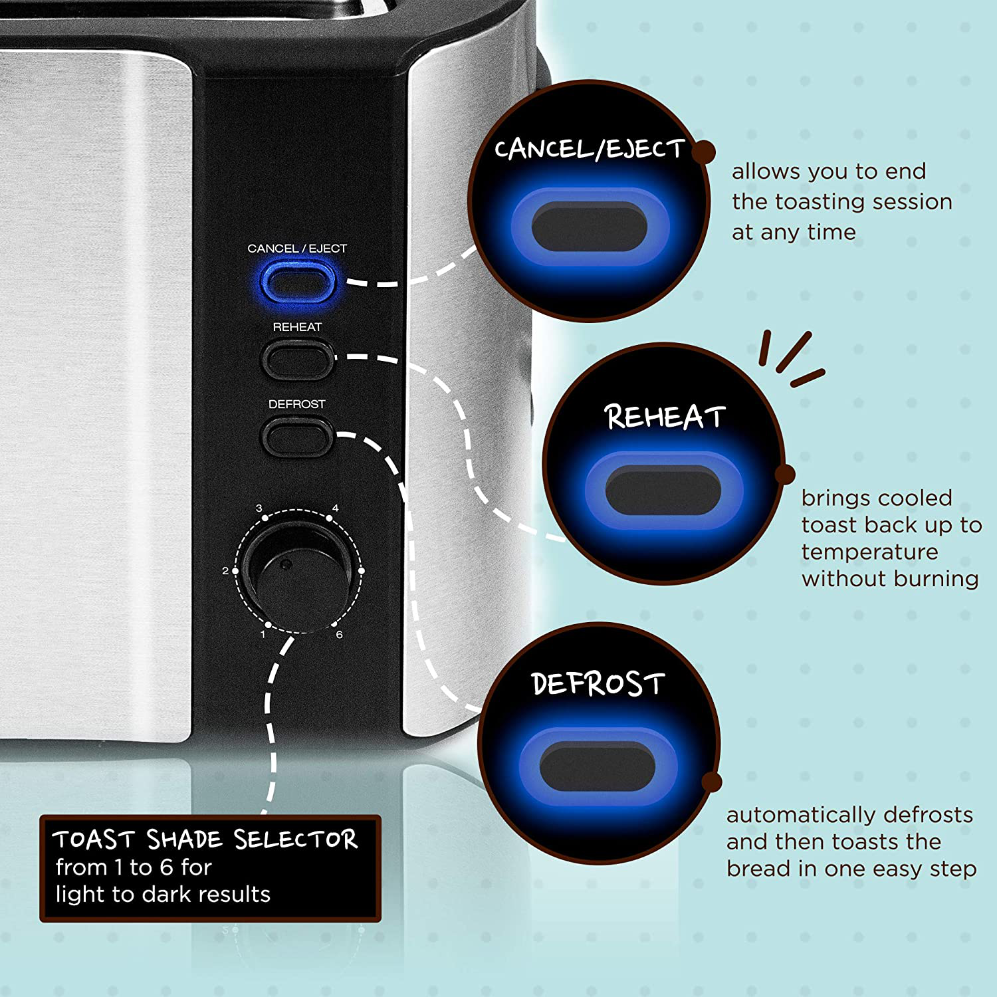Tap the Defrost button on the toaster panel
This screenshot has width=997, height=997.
coord(297,436)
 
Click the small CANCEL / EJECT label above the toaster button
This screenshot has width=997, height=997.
coord(297,249)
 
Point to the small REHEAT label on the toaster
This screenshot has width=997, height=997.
coord(297,327)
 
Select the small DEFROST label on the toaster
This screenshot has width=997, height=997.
coord(297,404)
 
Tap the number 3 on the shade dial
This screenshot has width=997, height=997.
coord(259,508)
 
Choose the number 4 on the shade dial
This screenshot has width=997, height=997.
coord(335,508)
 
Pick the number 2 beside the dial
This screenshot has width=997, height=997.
coord(225,571)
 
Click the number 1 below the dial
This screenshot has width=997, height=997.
coord(263,635)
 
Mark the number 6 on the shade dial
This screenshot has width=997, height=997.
coord(339,635)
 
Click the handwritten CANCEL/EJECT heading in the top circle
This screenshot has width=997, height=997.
coord(589,149)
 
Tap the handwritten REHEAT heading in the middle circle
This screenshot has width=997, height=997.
coord(664,417)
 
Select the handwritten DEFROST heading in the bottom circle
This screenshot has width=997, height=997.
coord(598,684)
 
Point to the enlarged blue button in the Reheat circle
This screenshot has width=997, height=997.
coord(663,491)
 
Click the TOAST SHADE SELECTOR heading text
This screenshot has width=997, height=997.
coord(205,839)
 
